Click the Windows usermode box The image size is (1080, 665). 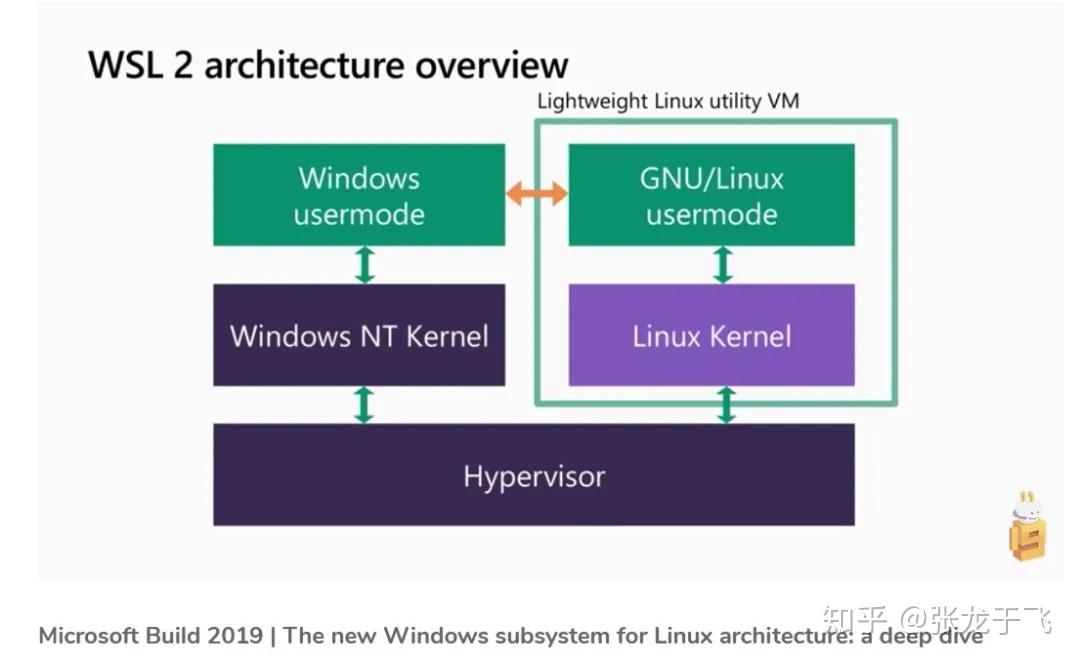(358, 195)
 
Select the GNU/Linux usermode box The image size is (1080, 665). (711, 195)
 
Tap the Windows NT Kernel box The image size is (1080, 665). (358, 335)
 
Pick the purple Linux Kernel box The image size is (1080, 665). (711, 335)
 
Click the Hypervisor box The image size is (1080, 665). (533, 475)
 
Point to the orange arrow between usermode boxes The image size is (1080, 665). (537, 194)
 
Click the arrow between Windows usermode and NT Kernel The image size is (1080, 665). (365, 265)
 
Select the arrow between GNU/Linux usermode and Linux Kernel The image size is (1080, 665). (723, 265)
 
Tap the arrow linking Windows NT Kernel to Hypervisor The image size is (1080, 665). (365, 404)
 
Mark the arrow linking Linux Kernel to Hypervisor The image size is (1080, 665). (727, 404)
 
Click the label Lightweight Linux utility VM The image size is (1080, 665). (668, 101)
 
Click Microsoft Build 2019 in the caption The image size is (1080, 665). (150, 636)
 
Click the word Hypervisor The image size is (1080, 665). (533, 476)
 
